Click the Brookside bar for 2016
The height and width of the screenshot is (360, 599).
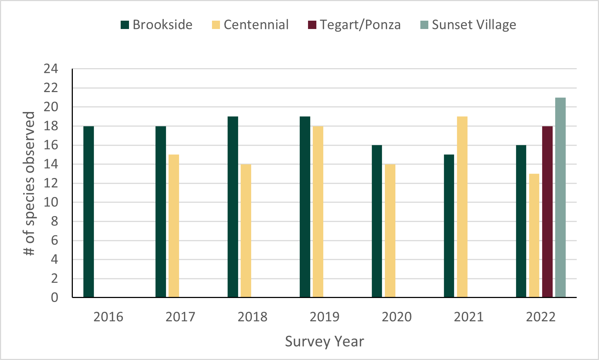point(89,212)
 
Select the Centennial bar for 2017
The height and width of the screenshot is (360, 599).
point(174,226)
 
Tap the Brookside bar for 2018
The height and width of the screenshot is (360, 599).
point(233,207)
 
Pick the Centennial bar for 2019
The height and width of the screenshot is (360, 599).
point(318,212)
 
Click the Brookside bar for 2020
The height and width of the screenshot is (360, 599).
point(377,221)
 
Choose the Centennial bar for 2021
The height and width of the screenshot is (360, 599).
point(462,207)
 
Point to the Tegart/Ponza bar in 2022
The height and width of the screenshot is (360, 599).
point(548,212)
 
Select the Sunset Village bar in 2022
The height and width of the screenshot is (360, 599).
point(561,197)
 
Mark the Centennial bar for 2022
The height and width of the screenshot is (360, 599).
point(534,235)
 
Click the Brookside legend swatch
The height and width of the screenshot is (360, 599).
point(125,25)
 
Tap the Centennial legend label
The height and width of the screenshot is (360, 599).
point(256,25)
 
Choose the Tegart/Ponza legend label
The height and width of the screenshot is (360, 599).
point(360,25)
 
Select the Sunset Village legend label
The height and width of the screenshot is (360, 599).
point(474,25)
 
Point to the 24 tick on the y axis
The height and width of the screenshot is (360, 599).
point(51,69)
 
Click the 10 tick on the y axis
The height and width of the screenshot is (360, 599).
point(51,202)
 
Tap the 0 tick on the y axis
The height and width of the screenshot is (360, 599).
point(54,298)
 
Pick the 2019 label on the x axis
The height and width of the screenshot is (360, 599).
point(325,317)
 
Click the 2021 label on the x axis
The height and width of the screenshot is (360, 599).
point(469,317)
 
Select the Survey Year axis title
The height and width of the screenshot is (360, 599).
point(324,342)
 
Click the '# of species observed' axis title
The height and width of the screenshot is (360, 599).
point(29,183)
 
